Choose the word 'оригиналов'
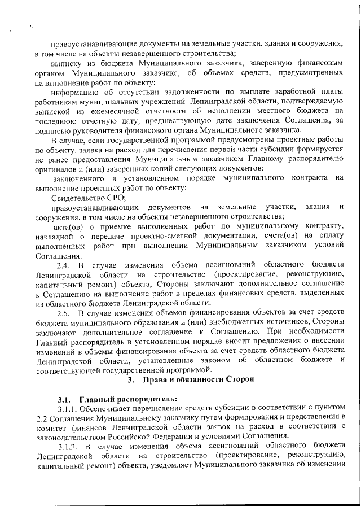point(56,169)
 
